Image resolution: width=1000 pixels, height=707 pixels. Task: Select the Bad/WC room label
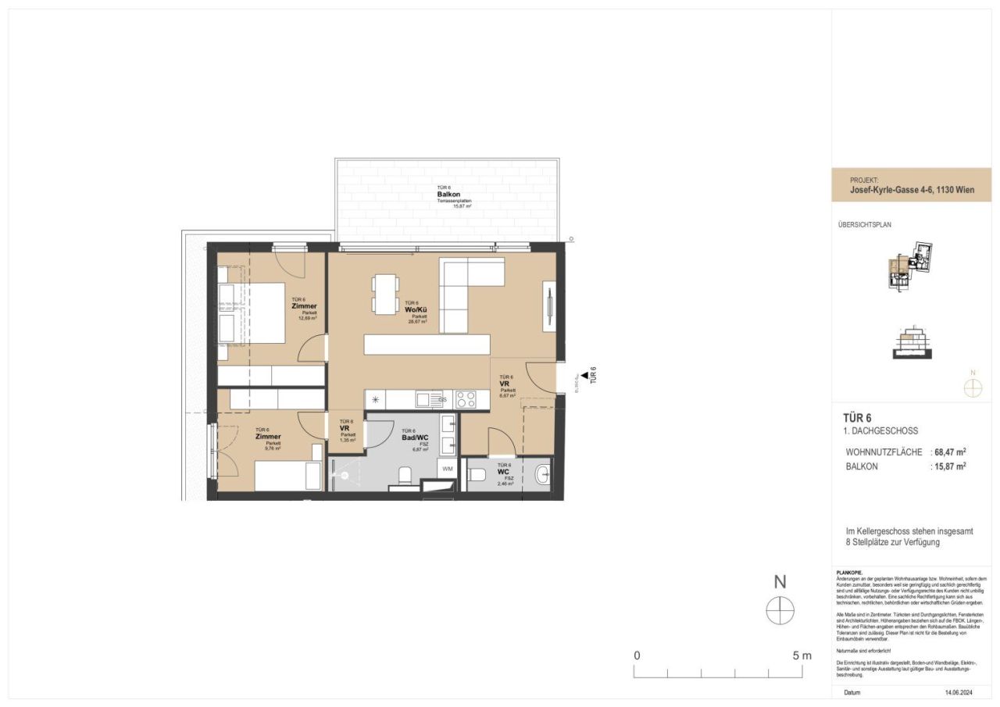tap(415, 437)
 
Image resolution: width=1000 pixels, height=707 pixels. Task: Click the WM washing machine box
tap(447, 469)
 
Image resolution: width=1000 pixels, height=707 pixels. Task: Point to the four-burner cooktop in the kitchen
tap(467, 399)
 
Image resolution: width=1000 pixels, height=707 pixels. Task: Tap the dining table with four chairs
tap(384, 295)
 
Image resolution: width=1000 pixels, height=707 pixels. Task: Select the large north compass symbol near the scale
tap(780, 610)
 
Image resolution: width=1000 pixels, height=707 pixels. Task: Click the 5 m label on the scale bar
tap(802, 655)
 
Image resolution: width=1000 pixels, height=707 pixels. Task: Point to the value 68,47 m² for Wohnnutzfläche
tap(950, 452)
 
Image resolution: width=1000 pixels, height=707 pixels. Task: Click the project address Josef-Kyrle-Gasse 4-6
tap(911, 190)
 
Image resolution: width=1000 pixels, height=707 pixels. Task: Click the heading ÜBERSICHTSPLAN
tap(864, 224)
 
